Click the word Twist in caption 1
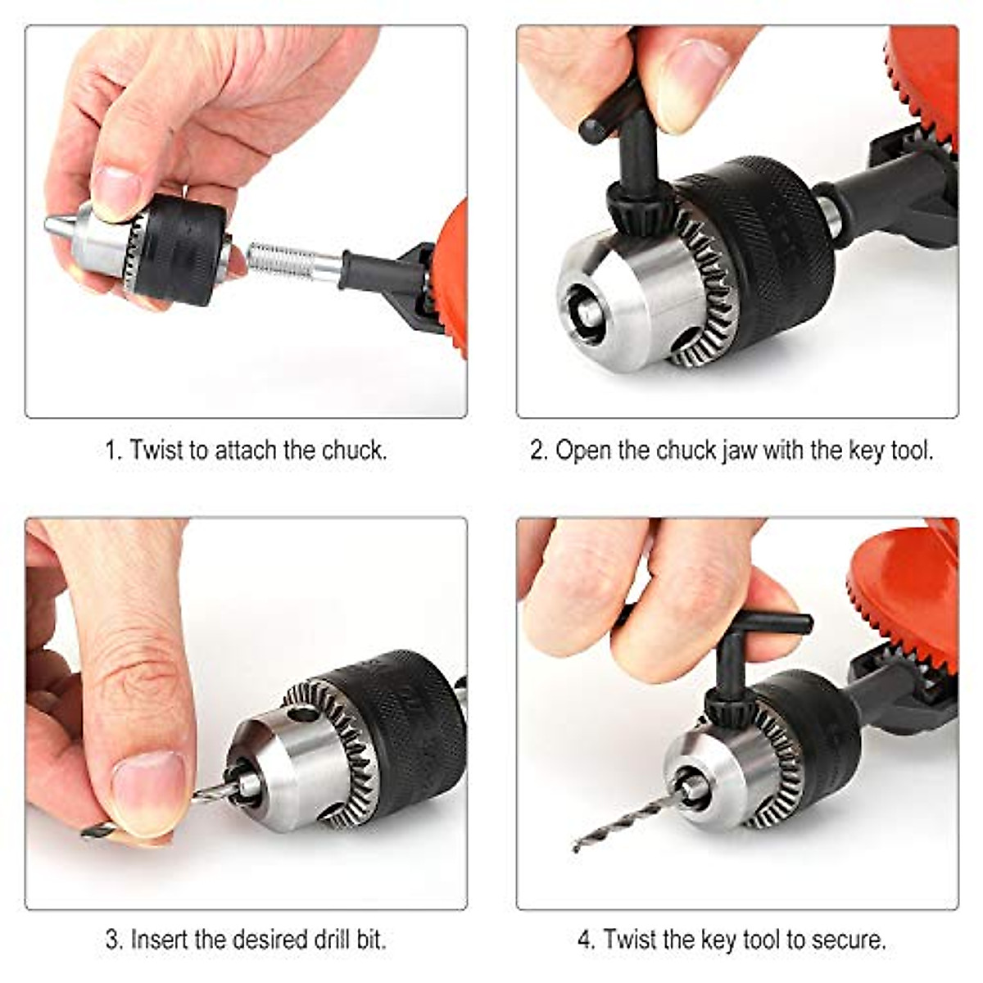(156, 450)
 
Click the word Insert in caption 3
(161, 939)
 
